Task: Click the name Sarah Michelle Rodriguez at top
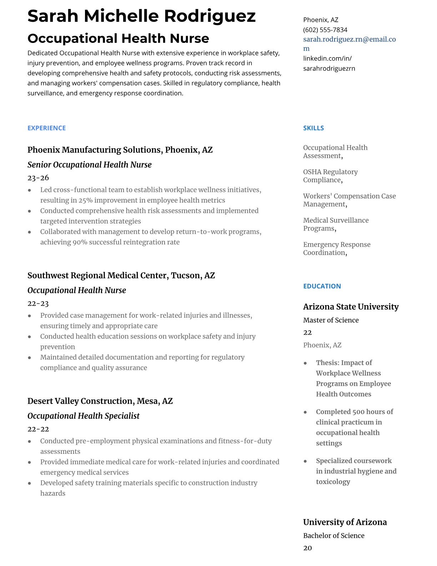pyautogui.click(x=141, y=16)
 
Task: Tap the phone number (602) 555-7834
pyautogui.click(x=325, y=30)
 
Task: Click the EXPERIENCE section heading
pyautogui.click(x=46, y=128)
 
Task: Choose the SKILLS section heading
pyautogui.click(x=313, y=128)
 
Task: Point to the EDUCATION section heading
pyautogui.click(x=322, y=286)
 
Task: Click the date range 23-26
pyautogui.click(x=38, y=178)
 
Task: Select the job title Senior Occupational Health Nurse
pyautogui.click(x=89, y=165)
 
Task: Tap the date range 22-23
pyautogui.click(x=38, y=303)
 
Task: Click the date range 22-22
pyautogui.click(x=38, y=429)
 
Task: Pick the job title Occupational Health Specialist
pyautogui.click(x=83, y=416)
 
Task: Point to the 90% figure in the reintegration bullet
pyautogui.click(x=80, y=242)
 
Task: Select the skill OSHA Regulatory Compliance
pyautogui.click(x=330, y=176)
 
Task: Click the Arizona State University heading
pyautogui.click(x=351, y=307)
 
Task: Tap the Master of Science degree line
pyautogui.click(x=331, y=320)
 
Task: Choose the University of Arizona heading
pyautogui.click(x=345, y=522)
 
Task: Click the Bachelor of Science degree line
pyautogui.click(x=333, y=536)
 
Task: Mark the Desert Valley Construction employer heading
pyautogui.click(x=100, y=401)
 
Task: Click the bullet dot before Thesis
pyautogui.click(x=305, y=363)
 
